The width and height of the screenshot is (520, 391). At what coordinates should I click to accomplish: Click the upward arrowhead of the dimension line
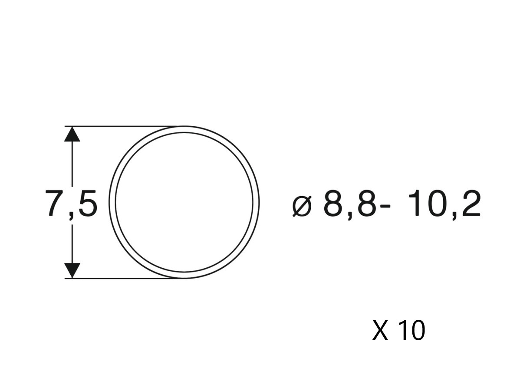(x=72, y=134)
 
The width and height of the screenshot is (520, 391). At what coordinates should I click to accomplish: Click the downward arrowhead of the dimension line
(x=72, y=270)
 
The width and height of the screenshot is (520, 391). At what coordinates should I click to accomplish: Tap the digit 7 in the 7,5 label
(x=55, y=203)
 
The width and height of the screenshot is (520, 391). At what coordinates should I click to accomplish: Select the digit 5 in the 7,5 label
(x=87, y=203)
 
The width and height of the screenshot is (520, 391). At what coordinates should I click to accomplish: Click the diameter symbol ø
(x=302, y=207)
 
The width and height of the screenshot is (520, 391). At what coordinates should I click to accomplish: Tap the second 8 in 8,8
(x=365, y=203)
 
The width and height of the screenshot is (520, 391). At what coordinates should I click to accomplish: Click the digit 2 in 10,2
(x=470, y=203)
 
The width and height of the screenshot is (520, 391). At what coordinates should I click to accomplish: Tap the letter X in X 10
(x=380, y=330)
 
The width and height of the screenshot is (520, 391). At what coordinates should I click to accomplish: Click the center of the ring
(x=184, y=202)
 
